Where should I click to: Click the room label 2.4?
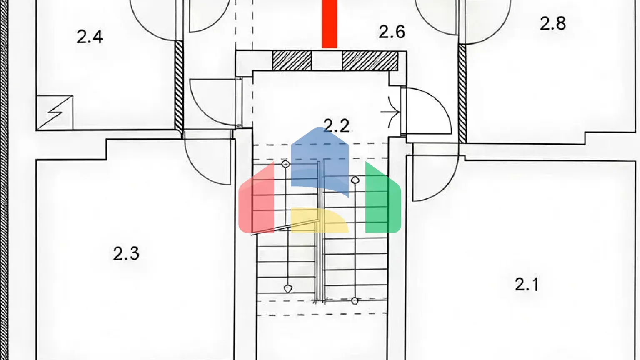click(x=90, y=37)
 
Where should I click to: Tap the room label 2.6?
click(x=392, y=32)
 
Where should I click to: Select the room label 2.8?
click(x=552, y=24)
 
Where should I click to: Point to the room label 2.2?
click(x=336, y=126)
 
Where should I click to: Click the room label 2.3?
click(x=126, y=254)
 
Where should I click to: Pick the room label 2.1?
click(x=527, y=285)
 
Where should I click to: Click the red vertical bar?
click(x=330, y=24)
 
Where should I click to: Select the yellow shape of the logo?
click(x=320, y=220)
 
